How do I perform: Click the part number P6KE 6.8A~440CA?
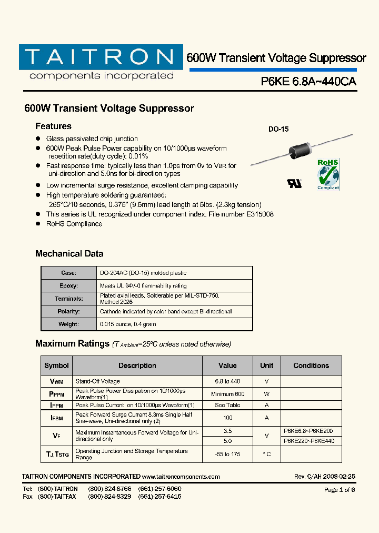(308, 82)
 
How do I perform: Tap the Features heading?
(53, 126)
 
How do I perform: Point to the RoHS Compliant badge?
(328, 174)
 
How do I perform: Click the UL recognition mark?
(294, 183)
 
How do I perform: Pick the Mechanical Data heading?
(69, 254)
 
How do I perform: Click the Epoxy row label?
(69, 285)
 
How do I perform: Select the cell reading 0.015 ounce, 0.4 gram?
(128, 324)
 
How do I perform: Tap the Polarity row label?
(69, 311)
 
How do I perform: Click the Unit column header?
(266, 366)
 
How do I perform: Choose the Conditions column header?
(311, 366)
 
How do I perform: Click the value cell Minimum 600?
(228, 394)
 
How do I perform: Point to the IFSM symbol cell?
(56, 418)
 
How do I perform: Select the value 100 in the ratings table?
(228, 418)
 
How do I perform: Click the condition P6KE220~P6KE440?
(308, 441)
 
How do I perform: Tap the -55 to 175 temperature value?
(228, 454)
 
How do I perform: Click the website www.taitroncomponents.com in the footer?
(181, 477)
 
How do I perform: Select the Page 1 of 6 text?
(340, 490)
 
